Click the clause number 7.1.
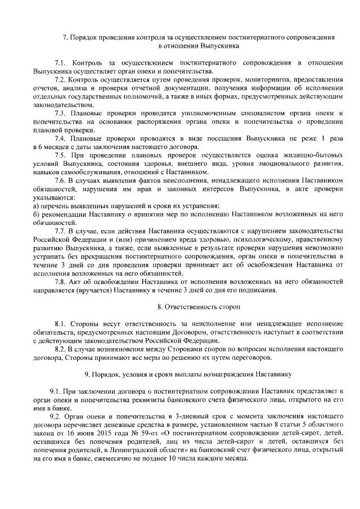click(61, 61)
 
